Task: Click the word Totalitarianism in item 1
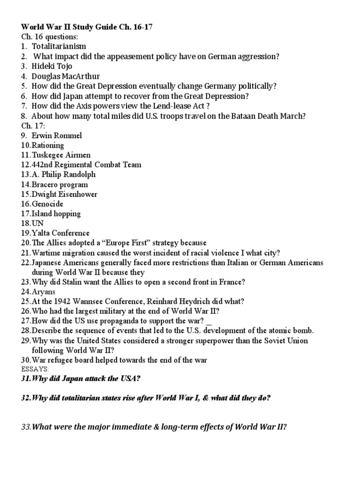click(59, 46)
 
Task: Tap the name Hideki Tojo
click(52, 66)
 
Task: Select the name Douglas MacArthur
click(66, 76)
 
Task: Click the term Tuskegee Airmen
click(61, 155)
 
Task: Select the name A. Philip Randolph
click(64, 174)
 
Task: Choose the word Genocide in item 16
click(47, 204)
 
